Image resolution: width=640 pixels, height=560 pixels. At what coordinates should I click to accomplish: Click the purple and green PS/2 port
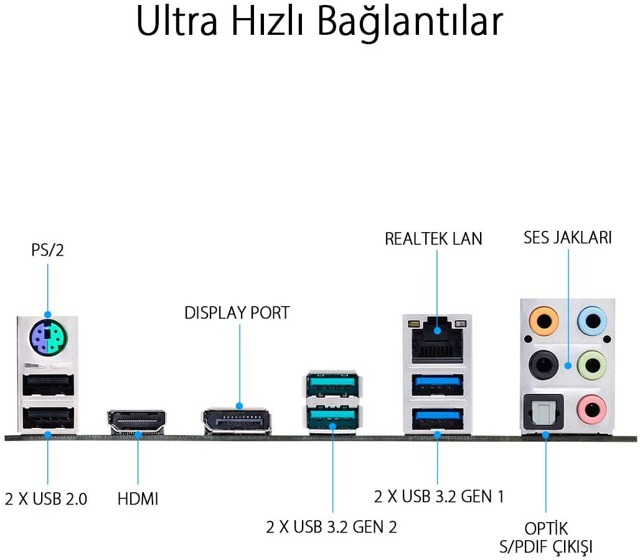tap(48, 338)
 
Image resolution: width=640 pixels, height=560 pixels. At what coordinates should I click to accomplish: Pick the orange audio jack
tap(544, 322)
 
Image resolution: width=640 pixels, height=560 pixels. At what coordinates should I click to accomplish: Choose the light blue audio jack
tap(592, 322)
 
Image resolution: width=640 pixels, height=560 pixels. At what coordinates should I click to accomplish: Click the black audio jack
tap(544, 365)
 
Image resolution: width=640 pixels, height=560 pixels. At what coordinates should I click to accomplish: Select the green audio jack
tap(592, 365)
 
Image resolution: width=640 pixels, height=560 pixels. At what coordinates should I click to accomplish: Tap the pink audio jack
tap(592, 409)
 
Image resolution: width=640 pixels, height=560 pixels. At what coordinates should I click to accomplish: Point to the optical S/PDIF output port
tap(544, 412)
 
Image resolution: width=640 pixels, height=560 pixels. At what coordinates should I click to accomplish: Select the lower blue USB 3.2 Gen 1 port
tap(438, 419)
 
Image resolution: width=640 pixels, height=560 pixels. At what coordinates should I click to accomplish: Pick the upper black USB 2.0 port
tap(48, 385)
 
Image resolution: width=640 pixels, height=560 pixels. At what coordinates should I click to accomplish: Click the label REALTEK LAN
tap(433, 239)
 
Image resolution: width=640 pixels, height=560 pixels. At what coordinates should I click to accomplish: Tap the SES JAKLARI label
tap(568, 238)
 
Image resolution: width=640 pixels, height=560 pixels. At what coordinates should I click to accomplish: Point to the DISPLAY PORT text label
tap(237, 313)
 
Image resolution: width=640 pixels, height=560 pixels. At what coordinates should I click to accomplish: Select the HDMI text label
tap(138, 499)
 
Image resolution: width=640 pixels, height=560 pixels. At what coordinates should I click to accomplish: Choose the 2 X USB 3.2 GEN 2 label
tap(331, 527)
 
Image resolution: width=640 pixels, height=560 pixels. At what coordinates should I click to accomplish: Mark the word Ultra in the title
tap(177, 21)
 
